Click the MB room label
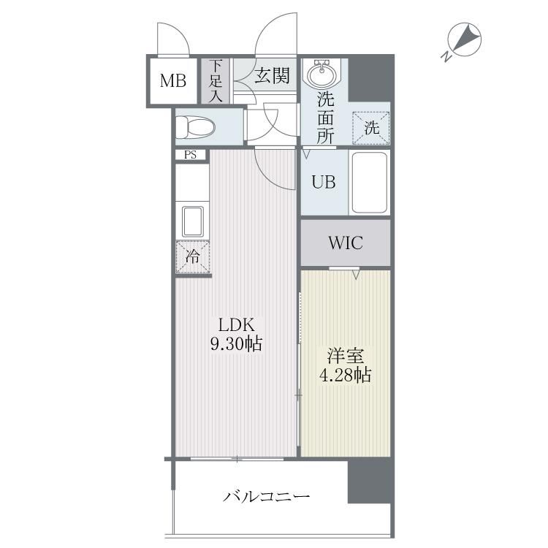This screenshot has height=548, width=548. [172, 80]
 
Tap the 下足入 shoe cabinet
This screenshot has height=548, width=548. [216, 80]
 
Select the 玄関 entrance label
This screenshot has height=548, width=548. [273, 75]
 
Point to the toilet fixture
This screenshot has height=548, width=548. [194, 126]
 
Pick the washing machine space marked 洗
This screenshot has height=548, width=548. [370, 128]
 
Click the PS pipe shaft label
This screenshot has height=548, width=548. [190, 155]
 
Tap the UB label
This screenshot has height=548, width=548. [324, 182]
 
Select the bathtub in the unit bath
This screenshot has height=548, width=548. [370, 183]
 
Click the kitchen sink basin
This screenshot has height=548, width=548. [193, 221]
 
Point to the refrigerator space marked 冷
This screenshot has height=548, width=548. [193, 257]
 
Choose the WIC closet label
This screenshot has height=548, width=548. [346, 243]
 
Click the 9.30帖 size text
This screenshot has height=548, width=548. [236, 344]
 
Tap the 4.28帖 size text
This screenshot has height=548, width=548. [346, 375]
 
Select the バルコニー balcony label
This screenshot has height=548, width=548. [266, 496]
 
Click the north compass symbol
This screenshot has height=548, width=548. [463, 40]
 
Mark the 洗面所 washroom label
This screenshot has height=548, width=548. [325, 118]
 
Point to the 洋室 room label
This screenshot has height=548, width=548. [346, 356]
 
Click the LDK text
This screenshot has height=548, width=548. [236, 325]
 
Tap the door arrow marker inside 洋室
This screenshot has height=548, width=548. [356, 275]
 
